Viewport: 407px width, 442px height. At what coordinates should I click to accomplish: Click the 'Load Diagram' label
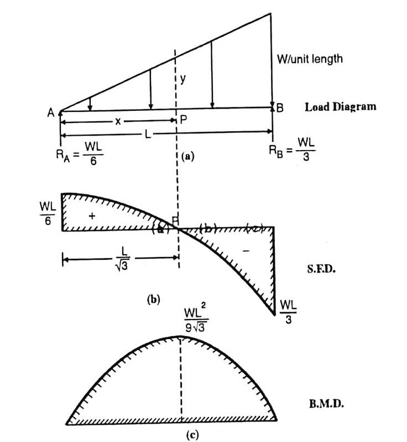pos(340,107)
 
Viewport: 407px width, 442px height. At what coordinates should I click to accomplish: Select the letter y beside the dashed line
pos(182,79)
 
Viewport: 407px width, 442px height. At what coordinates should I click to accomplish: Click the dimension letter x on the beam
pos(118,121)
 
